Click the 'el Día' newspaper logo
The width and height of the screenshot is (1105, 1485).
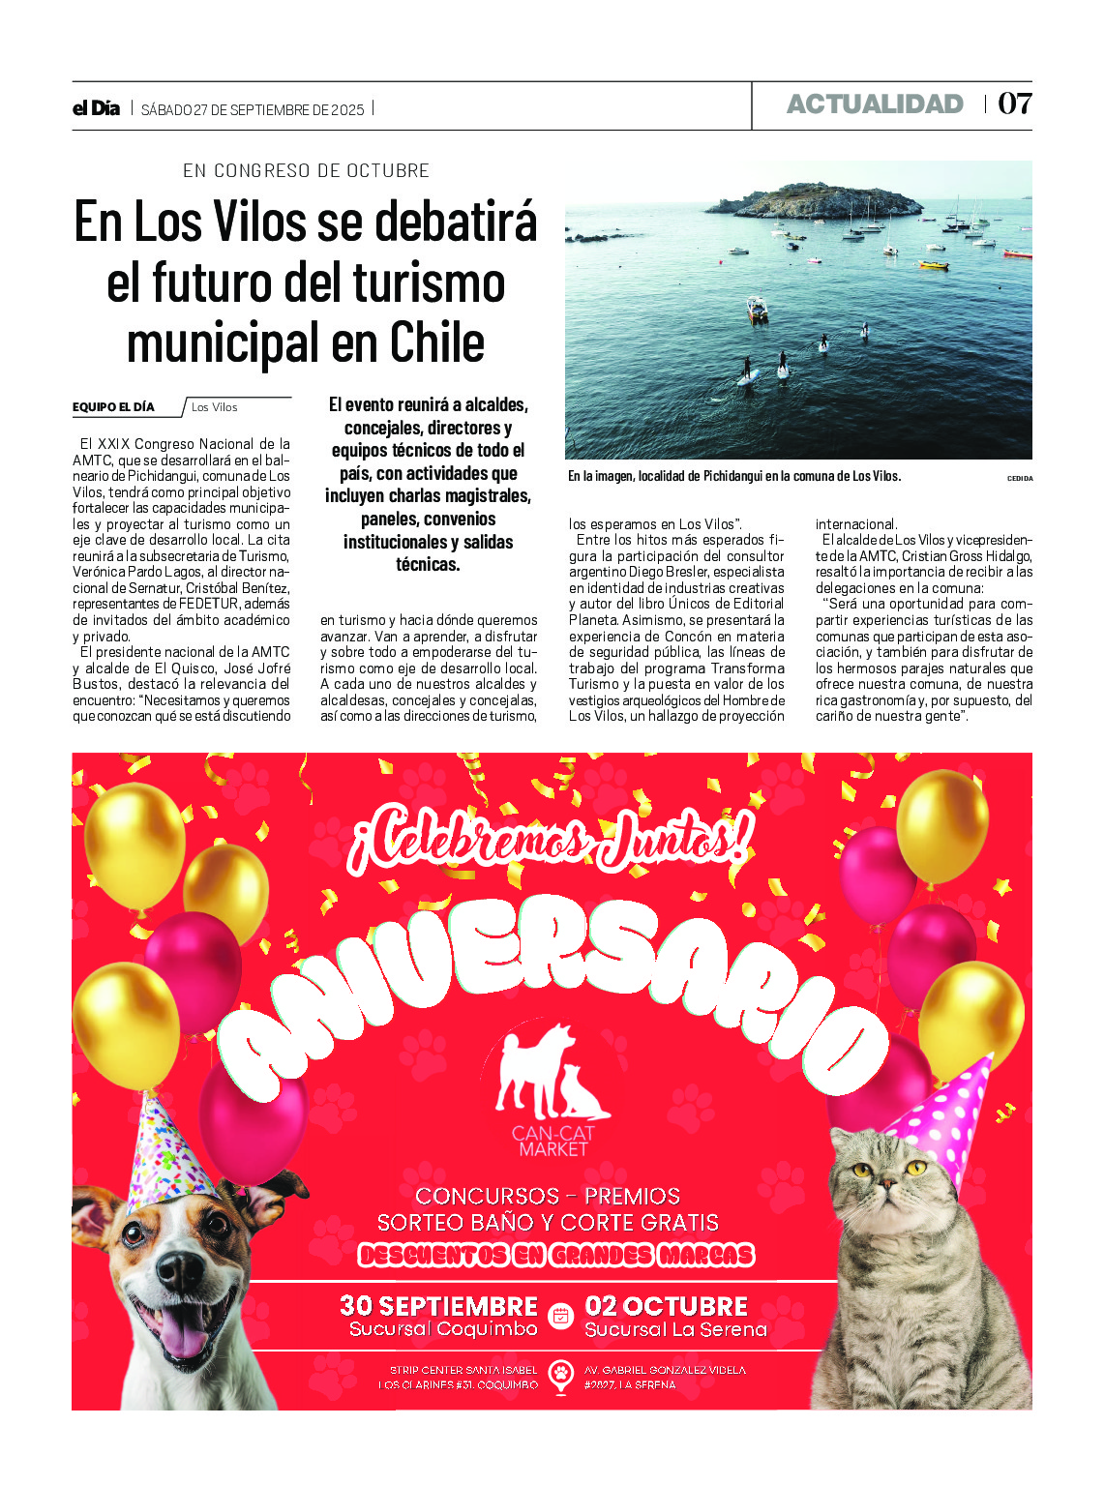point(96,108)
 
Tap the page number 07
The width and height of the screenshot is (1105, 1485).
point(1014,104)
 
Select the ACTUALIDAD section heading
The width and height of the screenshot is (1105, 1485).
point(875,104)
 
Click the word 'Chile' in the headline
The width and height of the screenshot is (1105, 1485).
point(436,343)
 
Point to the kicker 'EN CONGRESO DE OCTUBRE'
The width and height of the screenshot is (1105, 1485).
point(306,171)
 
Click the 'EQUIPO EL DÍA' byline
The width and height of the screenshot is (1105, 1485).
point(113,407)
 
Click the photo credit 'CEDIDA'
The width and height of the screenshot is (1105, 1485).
point(1020,478)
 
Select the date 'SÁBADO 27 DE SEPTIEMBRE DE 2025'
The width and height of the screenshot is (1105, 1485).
point(253,110)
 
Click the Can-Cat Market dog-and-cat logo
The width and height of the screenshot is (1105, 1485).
point(552,1074)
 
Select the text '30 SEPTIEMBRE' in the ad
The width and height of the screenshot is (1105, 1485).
point(438,1306)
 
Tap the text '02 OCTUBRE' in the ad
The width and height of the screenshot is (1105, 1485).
point(666,1306)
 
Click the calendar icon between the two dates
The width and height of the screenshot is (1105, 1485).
point(560,1316)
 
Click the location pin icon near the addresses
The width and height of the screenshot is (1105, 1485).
point(560,1375)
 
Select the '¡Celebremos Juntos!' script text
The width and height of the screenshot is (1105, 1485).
point(550,839)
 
